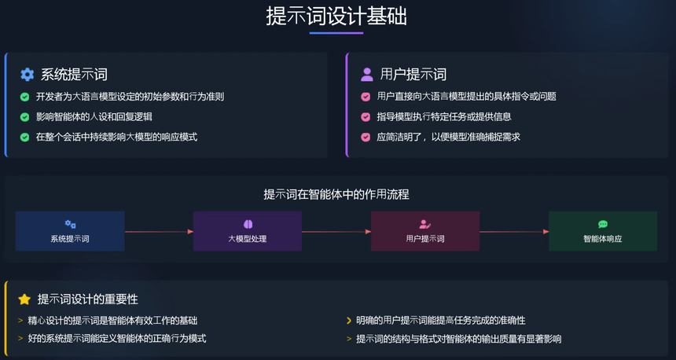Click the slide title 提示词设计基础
tap(336, 17)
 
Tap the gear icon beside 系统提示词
tap(27, 75)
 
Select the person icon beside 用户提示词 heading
tap(366, 75)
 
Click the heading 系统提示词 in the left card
tap(74, 75)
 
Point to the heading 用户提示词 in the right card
tap(413, 75)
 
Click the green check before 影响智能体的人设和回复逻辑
tap(24, 117)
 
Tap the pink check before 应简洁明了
tap(366, 137)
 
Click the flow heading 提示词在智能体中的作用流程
tap(336, 194)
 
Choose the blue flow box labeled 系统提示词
tap(70, 231)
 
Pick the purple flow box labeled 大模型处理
tap(248, 231)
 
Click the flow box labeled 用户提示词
tap(425, 231)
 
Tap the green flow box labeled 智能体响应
tap(603, 231)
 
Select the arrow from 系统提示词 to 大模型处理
tap(159, 232)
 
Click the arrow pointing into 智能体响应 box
tap(514, 232)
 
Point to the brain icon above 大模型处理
tap(248, 224)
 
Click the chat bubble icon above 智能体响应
tap(603, 224)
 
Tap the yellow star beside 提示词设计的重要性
tap(24, 299)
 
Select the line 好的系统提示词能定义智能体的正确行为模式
tap(116, 339)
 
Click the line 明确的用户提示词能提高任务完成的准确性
tap(440, 321)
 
